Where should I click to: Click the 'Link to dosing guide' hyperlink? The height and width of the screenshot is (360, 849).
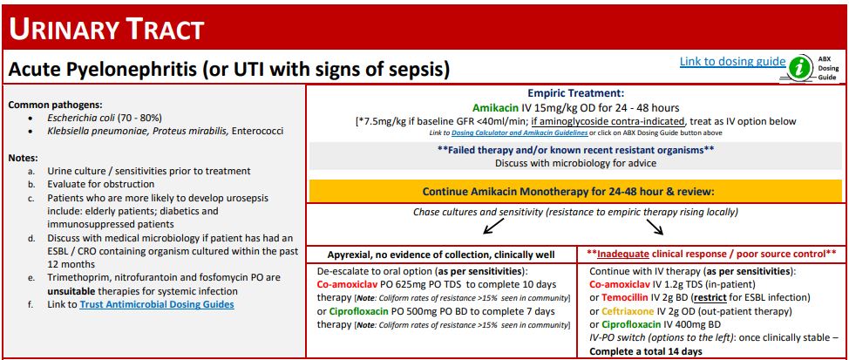(x=732, y=62)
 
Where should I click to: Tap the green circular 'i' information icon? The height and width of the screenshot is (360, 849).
(x=799, y=67)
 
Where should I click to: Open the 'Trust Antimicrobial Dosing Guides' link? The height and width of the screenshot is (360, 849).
(x=156, y=305)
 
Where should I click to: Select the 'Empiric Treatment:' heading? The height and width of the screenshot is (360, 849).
(x=575, y=92)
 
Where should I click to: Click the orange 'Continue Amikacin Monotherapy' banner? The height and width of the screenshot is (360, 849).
(x=568, y=191)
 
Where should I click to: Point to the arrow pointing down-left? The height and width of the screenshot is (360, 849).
(x=468, y=227)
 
